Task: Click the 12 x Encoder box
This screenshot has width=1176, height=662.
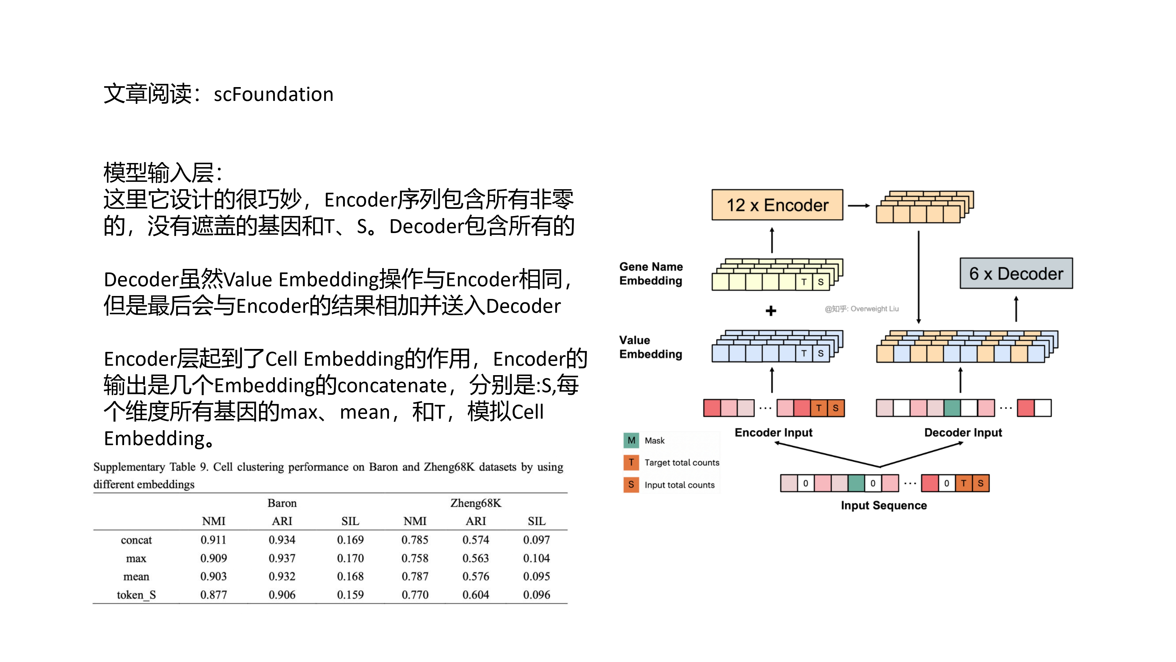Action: [x=777, y=205]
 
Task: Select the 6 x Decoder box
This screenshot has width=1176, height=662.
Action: [x=1016, y=273]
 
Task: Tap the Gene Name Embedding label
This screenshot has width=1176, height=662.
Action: [x=651, y=273]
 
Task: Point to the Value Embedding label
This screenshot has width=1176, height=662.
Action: [x=651, y=347]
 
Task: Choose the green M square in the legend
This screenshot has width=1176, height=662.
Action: [x=631, y=440]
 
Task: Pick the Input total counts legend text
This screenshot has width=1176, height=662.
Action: [x=679, y=485]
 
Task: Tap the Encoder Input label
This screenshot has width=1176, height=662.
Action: [x=773, y=432]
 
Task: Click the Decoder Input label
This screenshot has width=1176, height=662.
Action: [x=963, y=432]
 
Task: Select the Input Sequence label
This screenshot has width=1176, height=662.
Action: [x=884, y=505]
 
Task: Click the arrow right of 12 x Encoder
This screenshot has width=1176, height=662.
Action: [x=859, y=206]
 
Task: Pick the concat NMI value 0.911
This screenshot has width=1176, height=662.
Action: [x=213, y=540]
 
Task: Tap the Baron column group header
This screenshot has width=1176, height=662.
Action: [x=282, y=503]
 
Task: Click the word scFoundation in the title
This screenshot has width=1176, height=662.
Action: [x=273, y=94]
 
